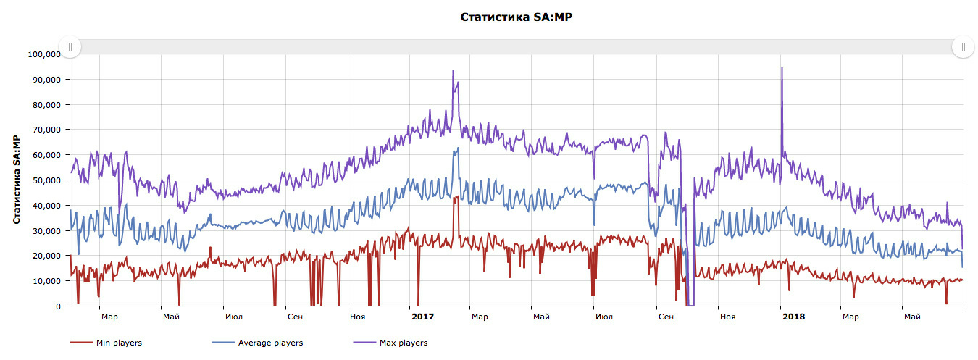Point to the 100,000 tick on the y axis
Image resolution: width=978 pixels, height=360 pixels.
[x=45, y=54]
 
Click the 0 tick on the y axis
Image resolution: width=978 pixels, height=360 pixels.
[x=58, y=306]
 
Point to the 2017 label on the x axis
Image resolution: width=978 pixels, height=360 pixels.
[x=422, y=317]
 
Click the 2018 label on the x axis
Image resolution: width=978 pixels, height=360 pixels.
[x=793, y=317]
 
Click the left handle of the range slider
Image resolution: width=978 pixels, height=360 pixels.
[x=70, y=47]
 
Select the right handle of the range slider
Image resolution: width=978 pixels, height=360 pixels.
[x=963, y=47]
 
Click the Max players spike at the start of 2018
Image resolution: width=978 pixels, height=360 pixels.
[x=782, y=69]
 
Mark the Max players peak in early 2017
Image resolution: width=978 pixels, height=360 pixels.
[x=453, y=72]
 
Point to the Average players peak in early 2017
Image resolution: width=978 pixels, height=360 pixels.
[x=457, y=148]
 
